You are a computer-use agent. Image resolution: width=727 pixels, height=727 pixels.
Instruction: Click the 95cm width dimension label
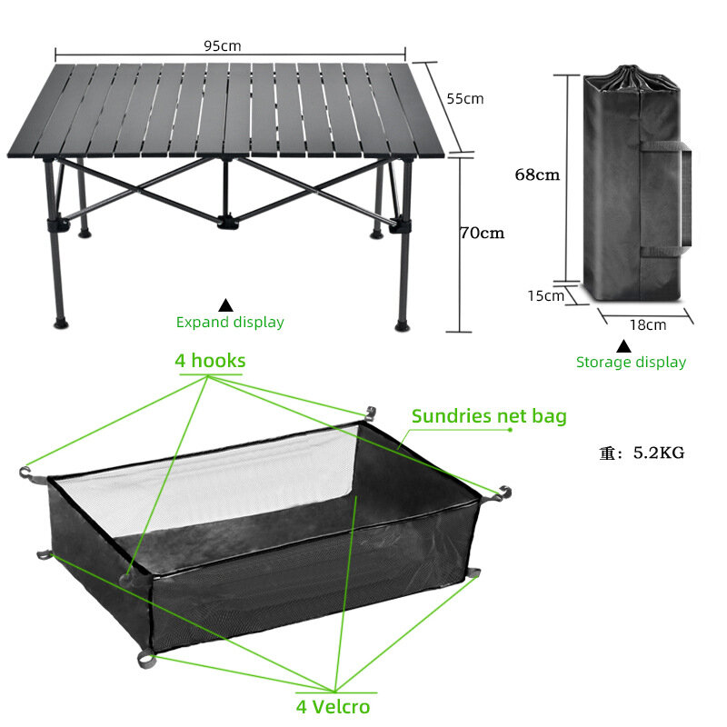(x=223, y=46)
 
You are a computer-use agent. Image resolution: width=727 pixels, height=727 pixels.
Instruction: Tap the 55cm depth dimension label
(x=465, y=98)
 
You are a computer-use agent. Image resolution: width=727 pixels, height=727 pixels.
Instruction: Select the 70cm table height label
(x=483, y=233)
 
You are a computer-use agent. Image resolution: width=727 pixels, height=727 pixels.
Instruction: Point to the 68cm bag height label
(x=537, y=174)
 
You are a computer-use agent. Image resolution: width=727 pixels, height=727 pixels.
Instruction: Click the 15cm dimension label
(x=546, y=295)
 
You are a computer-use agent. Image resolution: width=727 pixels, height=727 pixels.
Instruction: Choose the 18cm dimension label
(x=648, y=324)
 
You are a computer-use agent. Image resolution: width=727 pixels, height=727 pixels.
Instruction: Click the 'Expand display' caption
(x=230, y=322)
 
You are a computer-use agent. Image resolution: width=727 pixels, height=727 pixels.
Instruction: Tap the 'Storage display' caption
(x=631, y=362)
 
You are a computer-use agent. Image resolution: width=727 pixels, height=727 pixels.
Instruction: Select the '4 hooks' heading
(x=210, y=360)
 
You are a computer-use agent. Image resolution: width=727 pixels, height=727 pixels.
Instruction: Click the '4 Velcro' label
(x=333, y=707)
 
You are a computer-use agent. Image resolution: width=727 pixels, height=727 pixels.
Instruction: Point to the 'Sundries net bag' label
(x=489, y=416)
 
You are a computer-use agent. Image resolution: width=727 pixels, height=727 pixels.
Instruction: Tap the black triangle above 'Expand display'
(x=225, y=305)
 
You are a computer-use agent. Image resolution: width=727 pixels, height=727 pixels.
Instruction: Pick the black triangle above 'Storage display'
(x=623, y=346)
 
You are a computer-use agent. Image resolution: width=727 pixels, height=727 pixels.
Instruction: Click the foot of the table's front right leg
(x=402, y=326)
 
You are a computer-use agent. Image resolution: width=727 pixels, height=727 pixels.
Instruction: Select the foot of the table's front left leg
(x=61, y=323)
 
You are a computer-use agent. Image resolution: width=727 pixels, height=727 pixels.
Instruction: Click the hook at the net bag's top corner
(x=371, y=413)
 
